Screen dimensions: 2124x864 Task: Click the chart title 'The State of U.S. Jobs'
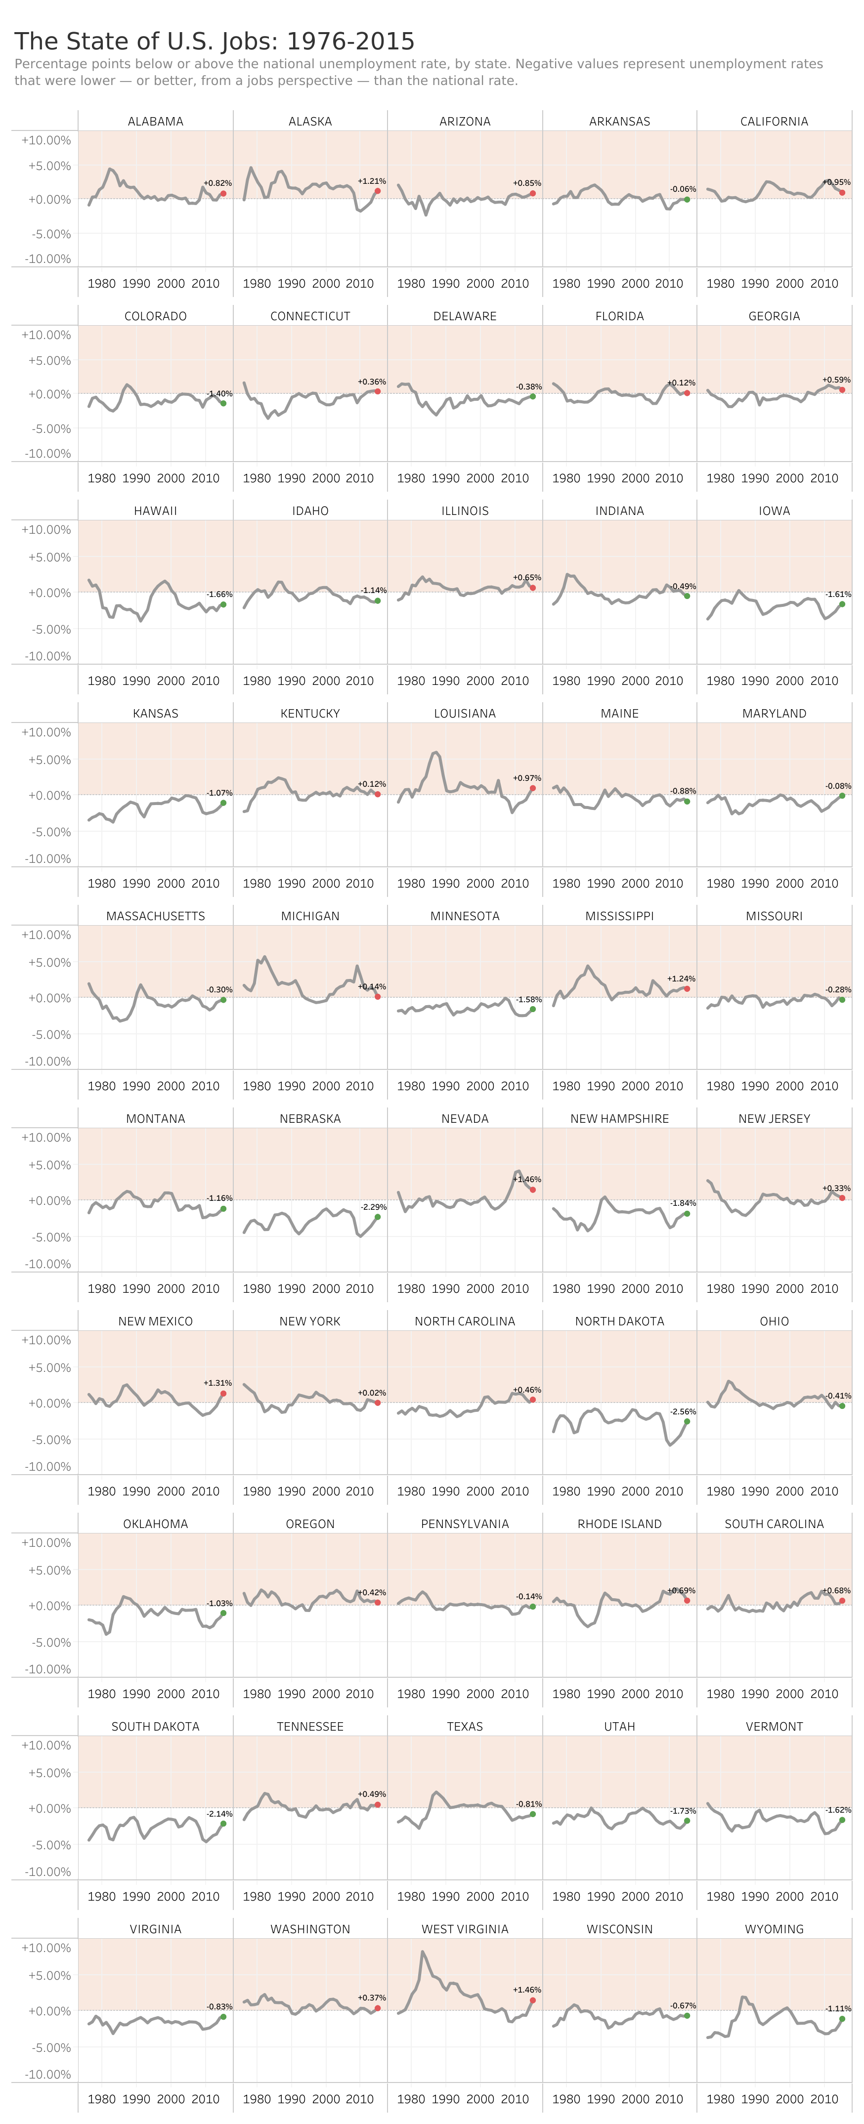click(215, 41)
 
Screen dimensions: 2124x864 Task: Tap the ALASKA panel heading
click(310, 121)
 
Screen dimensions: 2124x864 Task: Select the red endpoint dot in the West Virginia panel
click(532, 1999)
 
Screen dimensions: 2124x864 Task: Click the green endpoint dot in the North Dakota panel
click(687, 1421)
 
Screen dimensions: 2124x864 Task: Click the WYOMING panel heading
click(774, 1929)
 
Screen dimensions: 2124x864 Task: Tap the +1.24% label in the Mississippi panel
click(681, 978)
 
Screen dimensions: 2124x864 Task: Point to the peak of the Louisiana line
click(435, 752)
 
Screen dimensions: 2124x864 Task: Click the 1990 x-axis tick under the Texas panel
click(445, 1896)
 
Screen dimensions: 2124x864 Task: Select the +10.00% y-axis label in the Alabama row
click(46, 140)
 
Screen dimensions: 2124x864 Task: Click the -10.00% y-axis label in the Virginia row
click(46, 2074)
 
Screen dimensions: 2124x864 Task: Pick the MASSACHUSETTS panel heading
click(155, 916)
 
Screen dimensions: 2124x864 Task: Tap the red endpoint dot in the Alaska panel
click(378, 191)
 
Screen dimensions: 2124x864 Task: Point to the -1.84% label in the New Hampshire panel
click(683, 1203)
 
